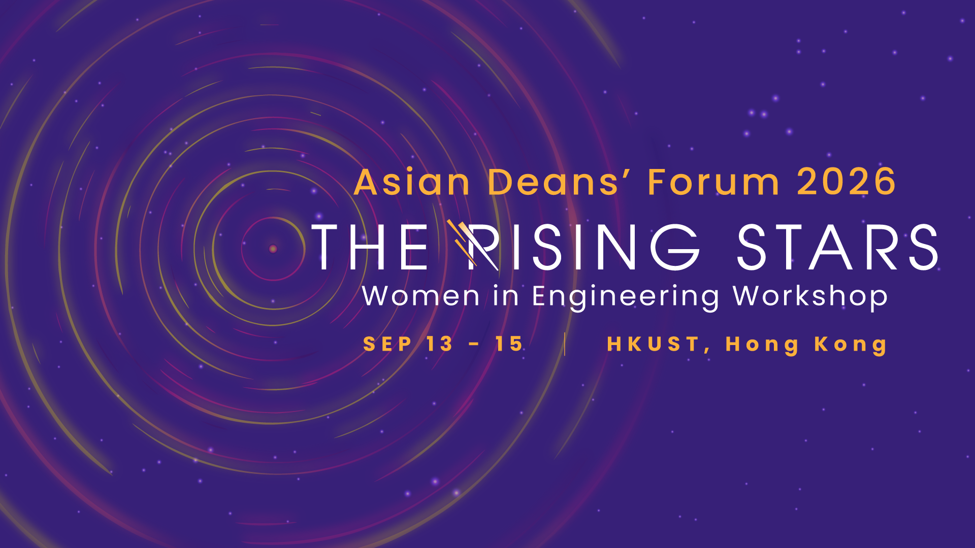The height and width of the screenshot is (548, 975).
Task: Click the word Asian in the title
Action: tap(412, 182)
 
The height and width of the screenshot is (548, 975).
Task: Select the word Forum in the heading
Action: tap(713, 182)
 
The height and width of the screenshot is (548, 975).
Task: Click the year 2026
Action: tap(847, 182)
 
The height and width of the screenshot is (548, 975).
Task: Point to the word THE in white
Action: tap(370, 247)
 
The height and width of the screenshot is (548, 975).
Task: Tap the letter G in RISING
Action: tap(676, 247)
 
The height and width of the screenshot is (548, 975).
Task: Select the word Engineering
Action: tap(626, 297)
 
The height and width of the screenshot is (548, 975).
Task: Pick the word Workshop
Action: tap(810, 297)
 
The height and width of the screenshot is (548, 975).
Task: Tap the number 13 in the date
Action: tap(439, 344)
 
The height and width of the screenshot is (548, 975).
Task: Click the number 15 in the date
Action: tap(509, 344)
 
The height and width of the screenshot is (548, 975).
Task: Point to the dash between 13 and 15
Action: tap(474, 345)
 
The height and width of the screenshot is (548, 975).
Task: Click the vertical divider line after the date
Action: tap(565, 344)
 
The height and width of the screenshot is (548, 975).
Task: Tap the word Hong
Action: tap(762, 346)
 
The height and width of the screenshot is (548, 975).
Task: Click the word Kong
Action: tap(851, 346)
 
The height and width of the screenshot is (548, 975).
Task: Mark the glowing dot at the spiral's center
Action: tap(273, 249)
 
